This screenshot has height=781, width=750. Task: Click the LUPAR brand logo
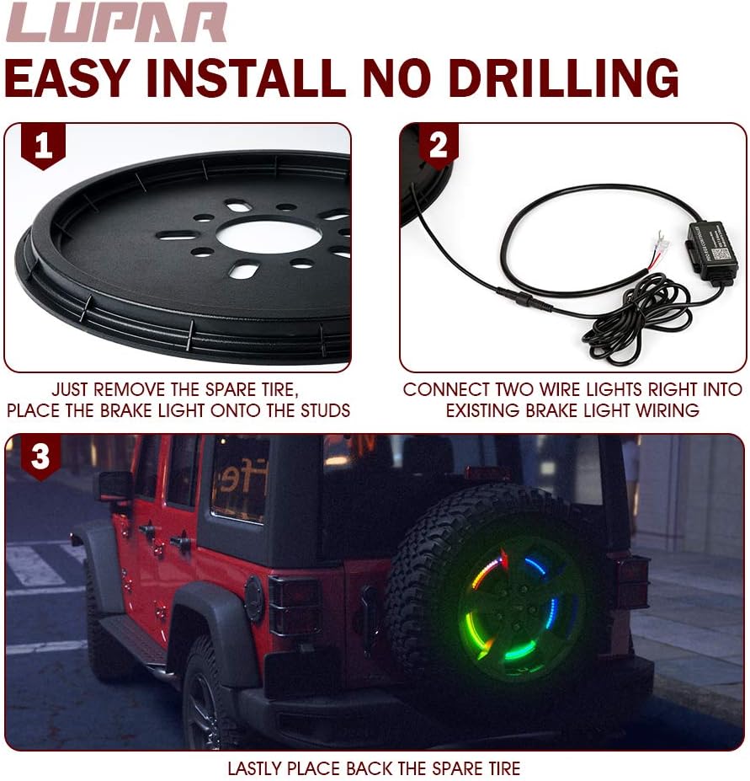pos(116,23)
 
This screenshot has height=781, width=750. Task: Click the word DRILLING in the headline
pos(563,78)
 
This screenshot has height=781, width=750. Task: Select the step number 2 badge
pos(438,145)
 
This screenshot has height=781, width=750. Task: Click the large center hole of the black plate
pos(269,236)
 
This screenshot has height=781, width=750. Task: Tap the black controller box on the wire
pos(711,251)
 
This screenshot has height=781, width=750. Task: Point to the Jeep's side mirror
pos(114,486)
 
